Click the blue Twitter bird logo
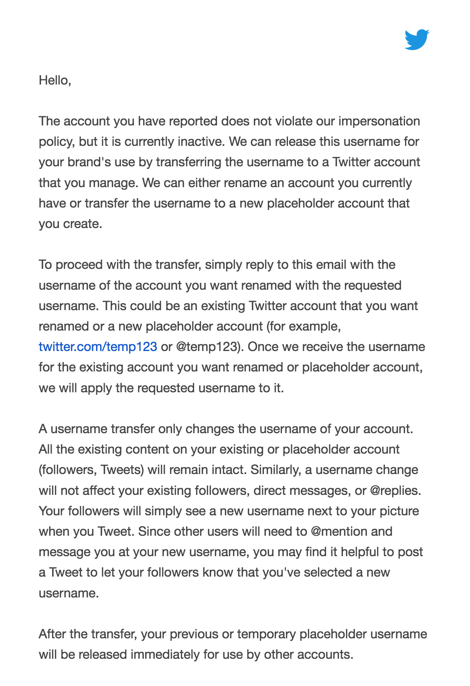(417, 40)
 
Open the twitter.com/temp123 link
(98, 347)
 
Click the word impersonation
(379, 121)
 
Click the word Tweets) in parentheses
(122, 470)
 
